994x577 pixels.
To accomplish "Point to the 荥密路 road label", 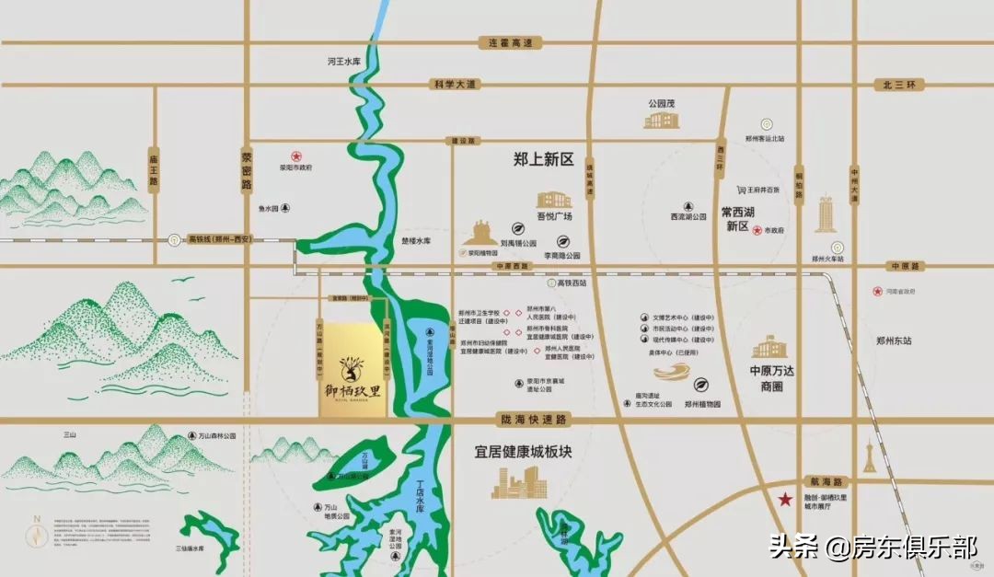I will point(247,170).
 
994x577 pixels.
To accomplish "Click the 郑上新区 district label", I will point(543,159).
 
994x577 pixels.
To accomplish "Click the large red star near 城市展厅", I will point(785,500).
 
